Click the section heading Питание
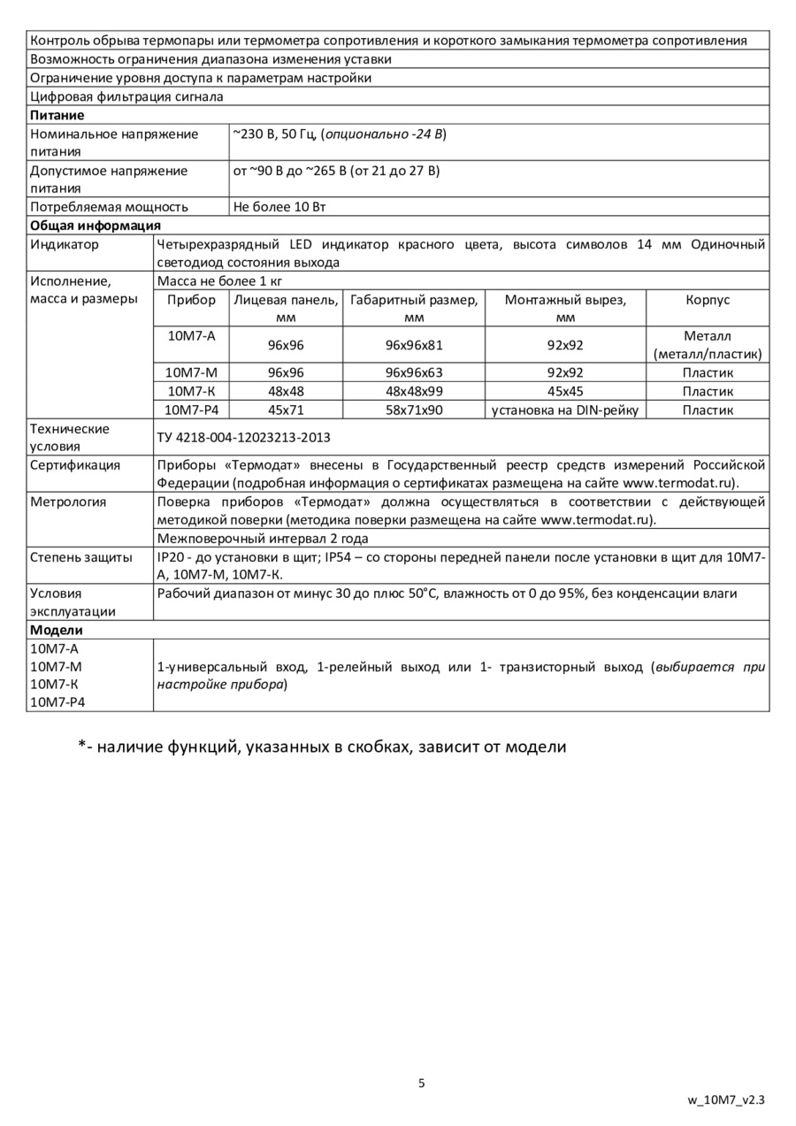click(57, 116)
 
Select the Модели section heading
click(57, 631)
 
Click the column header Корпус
click(708, 301)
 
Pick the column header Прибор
click(191, 301)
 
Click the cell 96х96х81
click(414, 345)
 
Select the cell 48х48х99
click(414, 391)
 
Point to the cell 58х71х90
click(414, 410)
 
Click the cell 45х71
click(285, 410)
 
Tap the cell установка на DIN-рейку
click(566, 410)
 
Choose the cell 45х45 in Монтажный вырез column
click(566, 391)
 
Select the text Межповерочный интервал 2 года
click(263, 539)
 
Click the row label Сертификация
click(75, 465)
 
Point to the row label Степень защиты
click(81, 557)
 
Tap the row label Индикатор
click(65, 245)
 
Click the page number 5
click(422, 1084)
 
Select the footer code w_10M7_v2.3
click(726, 1101)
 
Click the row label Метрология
click(68, 502)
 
